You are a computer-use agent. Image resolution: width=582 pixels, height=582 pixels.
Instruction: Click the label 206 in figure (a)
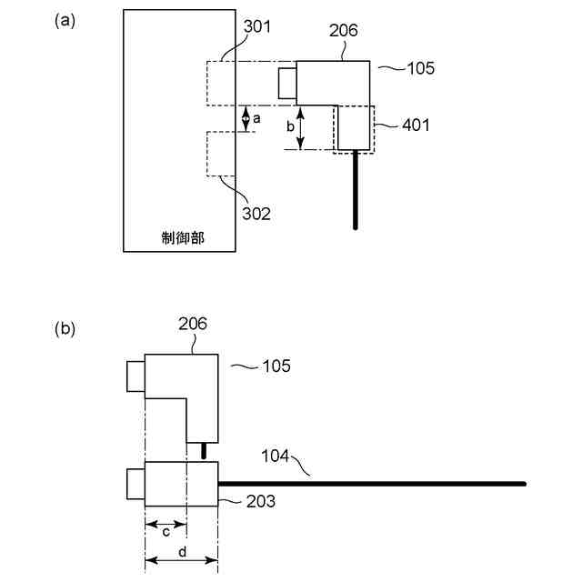(x=343, y=30)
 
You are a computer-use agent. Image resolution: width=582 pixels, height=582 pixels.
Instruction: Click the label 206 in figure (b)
(x=193, y=323)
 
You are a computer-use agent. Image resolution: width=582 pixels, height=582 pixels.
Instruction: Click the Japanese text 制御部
(x=180, y=237)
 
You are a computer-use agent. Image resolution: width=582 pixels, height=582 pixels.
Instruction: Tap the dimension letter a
(x=257, y=118)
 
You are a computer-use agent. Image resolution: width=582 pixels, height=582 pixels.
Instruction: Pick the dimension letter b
(x=290, y=127)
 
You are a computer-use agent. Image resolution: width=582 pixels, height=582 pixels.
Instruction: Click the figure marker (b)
(x=65, y=328)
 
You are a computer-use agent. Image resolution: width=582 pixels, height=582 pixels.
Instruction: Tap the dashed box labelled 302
(x=222, y=154)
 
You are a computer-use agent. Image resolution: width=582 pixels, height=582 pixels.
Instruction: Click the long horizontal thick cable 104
(x=382, y=483)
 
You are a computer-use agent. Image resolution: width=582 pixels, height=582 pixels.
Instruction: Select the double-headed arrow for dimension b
(x=302, y=127)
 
